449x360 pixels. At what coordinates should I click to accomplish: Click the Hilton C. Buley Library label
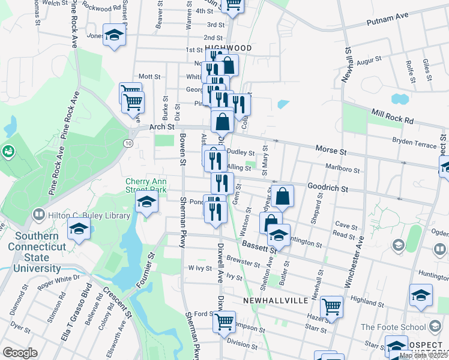(x=89, y=215)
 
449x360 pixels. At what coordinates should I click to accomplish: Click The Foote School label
(x=400, y=327)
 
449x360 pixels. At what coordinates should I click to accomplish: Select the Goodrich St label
(x=328, y=188)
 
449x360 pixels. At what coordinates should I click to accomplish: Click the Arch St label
(x=161, y=127)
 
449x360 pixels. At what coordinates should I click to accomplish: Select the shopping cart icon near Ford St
(x=224, y=320)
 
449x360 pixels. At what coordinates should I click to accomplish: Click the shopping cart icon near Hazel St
(x=331, y=307)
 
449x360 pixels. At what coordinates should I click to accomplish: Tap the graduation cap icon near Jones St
(x=114, y=35)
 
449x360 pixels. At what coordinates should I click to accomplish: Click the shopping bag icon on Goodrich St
(x=282, y=196)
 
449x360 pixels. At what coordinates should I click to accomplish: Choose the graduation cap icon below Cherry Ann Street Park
(x=146, y=203)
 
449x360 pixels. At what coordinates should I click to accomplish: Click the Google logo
(x=20, y=353)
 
